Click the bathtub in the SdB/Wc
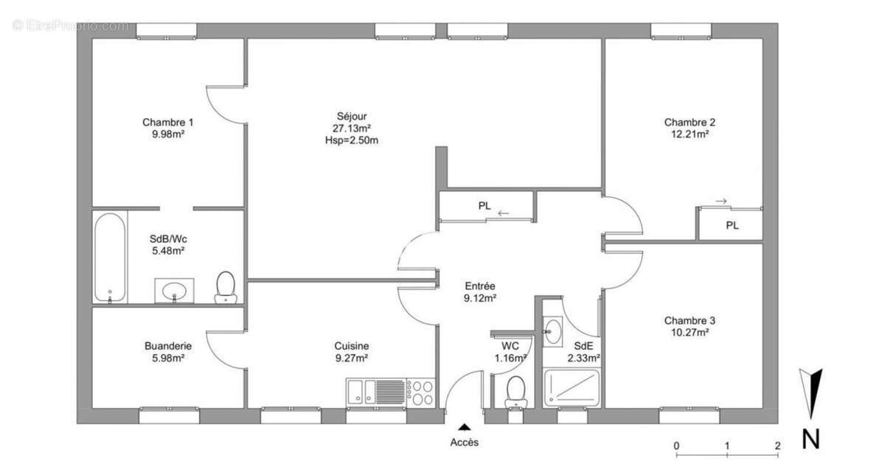tap(110, 257)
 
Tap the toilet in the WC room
tap(516, 392)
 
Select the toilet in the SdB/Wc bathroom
tap(226, 287)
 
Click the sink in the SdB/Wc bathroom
tap(174, 291)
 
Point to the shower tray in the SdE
tap(572, 388)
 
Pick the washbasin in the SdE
tap(552, 332)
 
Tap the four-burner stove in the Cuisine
tap(421, 393)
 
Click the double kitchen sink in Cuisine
tap(361, 392)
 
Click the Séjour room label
tap(352, 116)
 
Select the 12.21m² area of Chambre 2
tap(690, 134)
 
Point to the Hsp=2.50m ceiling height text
tap(352, 140)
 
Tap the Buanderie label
tap(168, 346)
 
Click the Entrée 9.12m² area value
tap(480, 298)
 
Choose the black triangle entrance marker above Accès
tap(465, 427)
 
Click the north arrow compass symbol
tap(811, 393)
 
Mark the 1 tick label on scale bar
tap(727, 445)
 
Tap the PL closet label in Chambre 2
tap(732, 226)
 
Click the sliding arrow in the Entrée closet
tap(503, 213)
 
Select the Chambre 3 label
tap(690, 320)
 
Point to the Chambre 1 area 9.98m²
tap(168, 134)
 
